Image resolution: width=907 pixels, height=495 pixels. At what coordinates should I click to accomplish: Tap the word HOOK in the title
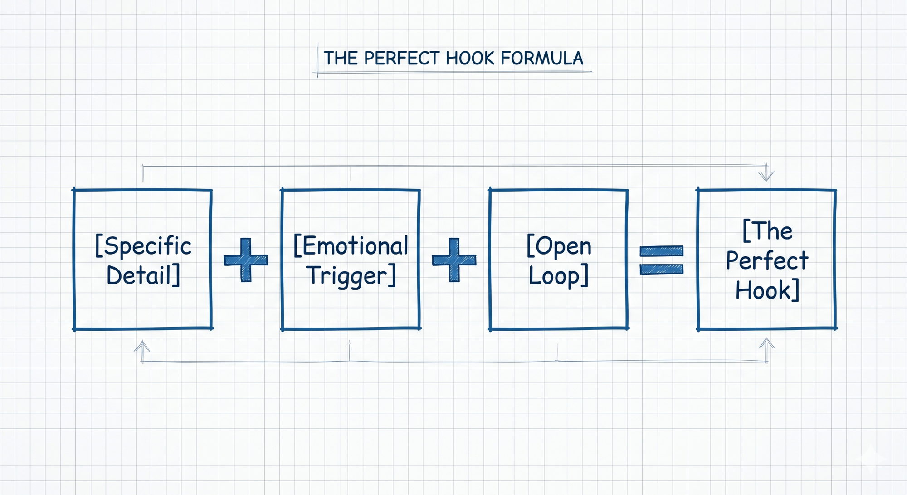[470, 59]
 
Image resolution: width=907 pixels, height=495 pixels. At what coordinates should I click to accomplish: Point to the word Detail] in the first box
[143, 275]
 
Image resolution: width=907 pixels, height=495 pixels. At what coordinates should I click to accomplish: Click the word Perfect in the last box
[767, 260]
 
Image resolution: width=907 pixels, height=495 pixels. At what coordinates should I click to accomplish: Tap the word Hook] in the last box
[767, 290]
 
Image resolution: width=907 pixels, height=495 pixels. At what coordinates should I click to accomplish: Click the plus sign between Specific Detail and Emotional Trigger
[246, 260]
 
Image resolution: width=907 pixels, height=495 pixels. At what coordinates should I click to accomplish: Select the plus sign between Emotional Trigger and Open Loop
[454, 260]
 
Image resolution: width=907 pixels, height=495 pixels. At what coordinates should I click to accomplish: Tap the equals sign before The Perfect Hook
[661, 260]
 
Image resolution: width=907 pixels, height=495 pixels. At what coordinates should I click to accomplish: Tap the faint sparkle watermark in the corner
[871, 458]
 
